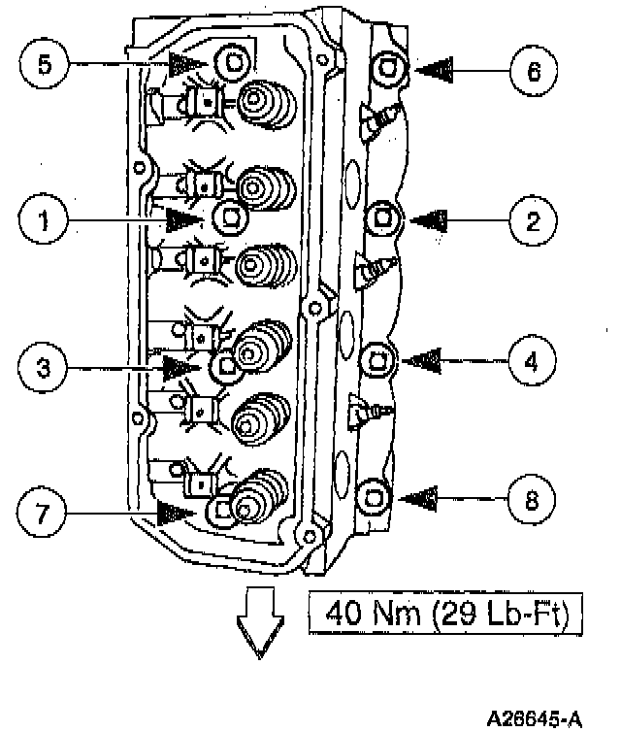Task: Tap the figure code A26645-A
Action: click(535, 718)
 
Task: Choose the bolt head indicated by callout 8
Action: click(375, 496)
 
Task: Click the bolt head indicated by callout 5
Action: click(231, 63)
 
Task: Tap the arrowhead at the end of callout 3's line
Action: click(180, 367)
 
